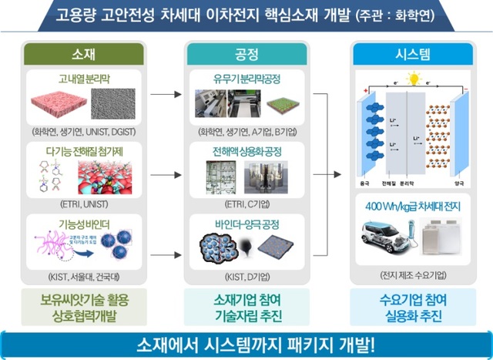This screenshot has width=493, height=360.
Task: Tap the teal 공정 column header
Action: pyautogui.click(x=246, y=53)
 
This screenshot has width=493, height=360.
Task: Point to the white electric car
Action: pyautogui.click(x=389, y=235)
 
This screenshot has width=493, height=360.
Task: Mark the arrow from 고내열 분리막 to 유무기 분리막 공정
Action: pyautogui.click(x=163, y=96)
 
